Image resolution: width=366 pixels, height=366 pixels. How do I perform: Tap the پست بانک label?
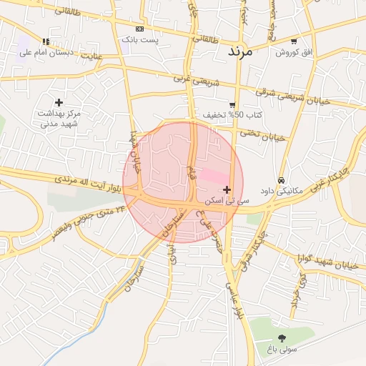click(139, 40)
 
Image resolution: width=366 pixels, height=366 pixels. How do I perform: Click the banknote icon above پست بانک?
click(139, 29)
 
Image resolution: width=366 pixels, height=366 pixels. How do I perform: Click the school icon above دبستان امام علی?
click(46, 41)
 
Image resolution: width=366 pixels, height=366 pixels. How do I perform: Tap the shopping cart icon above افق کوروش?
click(294, 41)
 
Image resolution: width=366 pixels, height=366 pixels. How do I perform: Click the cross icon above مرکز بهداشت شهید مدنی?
click(59, 103)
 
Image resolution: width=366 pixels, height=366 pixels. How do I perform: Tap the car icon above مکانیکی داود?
click(282, 180)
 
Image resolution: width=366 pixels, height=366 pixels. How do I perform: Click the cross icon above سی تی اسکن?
click(227, 189)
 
